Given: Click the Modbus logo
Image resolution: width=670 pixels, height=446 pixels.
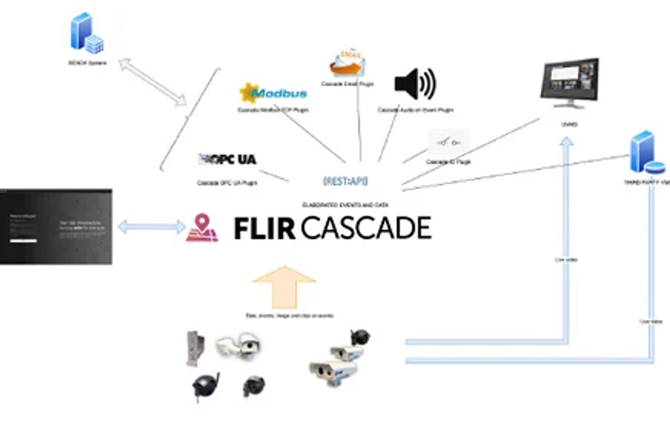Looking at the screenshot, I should pyautogui.click(x=273, y=93).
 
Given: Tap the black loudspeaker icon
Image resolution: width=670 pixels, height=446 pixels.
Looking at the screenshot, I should pyautogui.click(x=415, y=83).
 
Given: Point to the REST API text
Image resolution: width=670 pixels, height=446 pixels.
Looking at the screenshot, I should pyautogui.click(x=345, y=181).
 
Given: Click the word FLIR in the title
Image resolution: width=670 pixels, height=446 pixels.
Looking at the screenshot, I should pyautogui.click(x=264, y=228).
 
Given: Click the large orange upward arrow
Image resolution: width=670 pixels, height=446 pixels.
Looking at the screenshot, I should pyautogui.click(x=285, y=287).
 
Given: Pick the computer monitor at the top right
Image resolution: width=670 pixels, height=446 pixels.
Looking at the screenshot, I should pyautogui.click(x=569, y=83).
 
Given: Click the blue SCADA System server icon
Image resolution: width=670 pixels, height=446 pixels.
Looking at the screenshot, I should pyautogui.click(x=87, y=33).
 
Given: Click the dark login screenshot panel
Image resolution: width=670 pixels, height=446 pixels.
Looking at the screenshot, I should pyautogui.click(x=56, y=227).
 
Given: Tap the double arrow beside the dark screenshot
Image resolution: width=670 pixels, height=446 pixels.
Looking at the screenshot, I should pyautogui.click(x=151, y=227).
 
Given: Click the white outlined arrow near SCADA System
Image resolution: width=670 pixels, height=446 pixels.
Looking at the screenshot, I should pyautogui.click(x=153, y=83).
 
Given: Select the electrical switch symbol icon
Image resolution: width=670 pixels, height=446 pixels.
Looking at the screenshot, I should pyautogui.click(x=448, y=142).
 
